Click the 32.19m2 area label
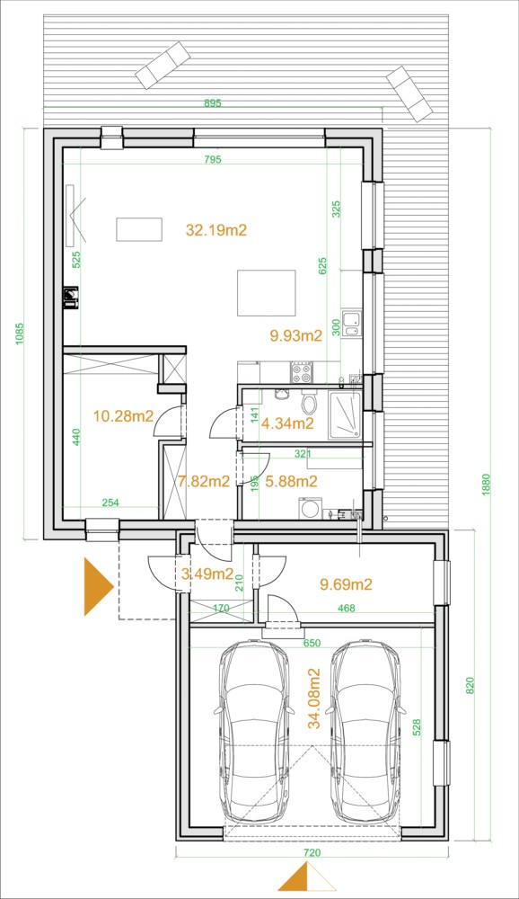click(216, 230)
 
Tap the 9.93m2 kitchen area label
click(295, 336)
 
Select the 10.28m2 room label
click(123, 415)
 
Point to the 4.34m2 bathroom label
click(287, 423)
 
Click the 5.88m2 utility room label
click(291, 482)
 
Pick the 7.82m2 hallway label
click(203, 482)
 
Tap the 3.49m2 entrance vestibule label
click(207, 574)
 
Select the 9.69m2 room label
click(346, 584)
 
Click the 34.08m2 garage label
click(314, 699)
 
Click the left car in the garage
click(253, 732)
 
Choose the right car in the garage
click(366, 732)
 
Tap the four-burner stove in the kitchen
click(302, 373)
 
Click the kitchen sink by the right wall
click(351, 324)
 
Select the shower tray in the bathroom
click(345, 415)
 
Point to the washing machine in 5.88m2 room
click(311, 509)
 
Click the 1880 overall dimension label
click(487, 485)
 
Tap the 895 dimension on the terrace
click(213, 103)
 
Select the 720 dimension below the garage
click(312, 852)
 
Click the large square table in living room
click(267, 293)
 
